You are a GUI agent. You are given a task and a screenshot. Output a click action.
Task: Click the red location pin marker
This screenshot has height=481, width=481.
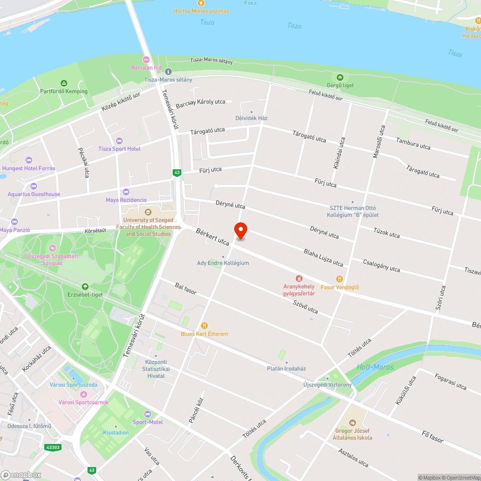pos(240,231)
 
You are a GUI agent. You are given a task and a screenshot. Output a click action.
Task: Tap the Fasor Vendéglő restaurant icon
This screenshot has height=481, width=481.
pos(340,279)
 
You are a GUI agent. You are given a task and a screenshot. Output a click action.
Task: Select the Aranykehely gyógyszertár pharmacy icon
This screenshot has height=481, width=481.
pos(299,278)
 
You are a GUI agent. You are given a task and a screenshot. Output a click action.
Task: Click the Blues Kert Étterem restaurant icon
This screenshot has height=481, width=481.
pos(204,326)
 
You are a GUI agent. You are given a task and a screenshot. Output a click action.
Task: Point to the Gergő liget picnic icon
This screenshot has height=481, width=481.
pos(340,77)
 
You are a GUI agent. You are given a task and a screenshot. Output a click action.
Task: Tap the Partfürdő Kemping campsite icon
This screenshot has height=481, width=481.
pos(63,83)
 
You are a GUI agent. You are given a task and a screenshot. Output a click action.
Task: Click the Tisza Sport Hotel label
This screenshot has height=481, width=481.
pos(119,149)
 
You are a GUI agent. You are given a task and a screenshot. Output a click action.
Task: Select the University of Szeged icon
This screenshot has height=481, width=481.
pos(148,212)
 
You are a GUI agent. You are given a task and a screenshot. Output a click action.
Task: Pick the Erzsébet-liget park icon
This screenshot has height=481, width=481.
pos(85,287)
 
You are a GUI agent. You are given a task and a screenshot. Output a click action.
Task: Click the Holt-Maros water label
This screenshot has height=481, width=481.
pos(375,367)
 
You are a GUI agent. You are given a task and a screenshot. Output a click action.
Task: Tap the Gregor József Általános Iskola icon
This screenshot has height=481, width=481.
pos(353,422)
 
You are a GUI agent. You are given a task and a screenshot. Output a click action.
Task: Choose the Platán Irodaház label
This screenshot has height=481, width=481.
pos(286,368)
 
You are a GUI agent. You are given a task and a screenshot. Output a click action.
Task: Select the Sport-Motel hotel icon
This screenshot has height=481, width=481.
pos(148,414)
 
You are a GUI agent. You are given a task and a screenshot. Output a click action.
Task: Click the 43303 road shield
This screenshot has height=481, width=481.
pos(53,447)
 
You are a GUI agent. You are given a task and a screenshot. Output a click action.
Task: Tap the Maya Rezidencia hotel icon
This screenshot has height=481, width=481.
pos(126,192)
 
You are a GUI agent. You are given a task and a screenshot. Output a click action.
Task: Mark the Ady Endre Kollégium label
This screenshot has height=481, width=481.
pos(223,263)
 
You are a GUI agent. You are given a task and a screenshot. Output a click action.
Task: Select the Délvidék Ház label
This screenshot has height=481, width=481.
pos(252,118)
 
